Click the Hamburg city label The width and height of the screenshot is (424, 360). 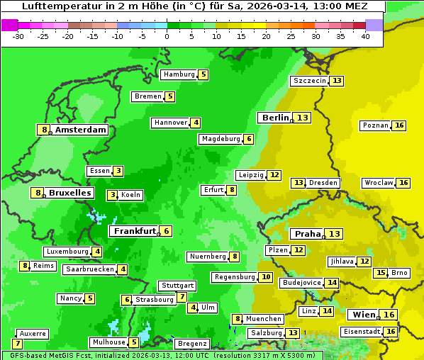[x=179, y=74]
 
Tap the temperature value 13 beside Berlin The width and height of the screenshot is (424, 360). [x=303, y=118]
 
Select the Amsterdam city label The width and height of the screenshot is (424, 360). [x=81, y=130]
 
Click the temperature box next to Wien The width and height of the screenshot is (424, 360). [x=389, y=315]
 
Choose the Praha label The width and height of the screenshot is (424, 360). [x=308, y=234]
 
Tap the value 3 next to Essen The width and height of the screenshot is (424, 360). [x=118, y=171]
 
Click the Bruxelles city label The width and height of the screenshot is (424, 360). [x=69, y=193]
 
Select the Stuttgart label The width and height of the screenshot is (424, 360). [x=177, y=286]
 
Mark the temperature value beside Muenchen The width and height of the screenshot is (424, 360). [x=238, y=319]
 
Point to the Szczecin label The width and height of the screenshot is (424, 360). [x=310, y=81]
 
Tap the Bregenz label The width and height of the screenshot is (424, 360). [x=192, y=344]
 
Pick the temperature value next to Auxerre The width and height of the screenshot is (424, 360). [x=18, y=344]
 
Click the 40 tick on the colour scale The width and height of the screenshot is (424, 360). [x=365, y=36]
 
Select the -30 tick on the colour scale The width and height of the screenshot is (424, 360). [x=18, y=36]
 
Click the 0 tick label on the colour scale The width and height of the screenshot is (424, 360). [x=167, y=36]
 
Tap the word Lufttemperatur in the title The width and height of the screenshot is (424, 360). [x=54, y=6]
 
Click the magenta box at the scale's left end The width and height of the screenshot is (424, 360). [x=9, y=25]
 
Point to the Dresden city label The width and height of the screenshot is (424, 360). [x=323, y=183]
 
